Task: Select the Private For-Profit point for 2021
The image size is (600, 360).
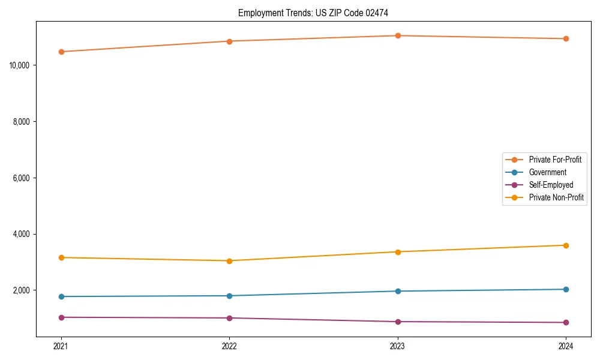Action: (61, 52)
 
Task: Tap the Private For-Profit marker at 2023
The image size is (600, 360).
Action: (398, 35)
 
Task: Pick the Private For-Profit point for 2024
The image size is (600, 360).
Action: (566, 38)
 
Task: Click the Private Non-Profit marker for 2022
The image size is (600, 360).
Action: (229, 261)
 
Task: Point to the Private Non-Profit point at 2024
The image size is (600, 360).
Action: (566, 245)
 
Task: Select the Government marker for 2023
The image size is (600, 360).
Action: (398, 291)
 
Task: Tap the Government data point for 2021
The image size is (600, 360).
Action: (61, 296)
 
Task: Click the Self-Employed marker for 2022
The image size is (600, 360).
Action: (229, 318)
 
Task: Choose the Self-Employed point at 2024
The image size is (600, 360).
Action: (566, 322)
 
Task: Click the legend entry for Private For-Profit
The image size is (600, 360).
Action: (555, 160)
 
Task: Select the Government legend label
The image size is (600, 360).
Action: (547, 172)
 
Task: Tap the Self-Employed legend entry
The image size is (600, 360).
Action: (551, 185)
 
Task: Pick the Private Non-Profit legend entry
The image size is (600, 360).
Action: (556, 197)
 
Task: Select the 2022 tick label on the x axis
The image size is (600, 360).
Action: (229, 346)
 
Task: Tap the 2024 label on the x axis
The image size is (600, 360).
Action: (566, 346)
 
